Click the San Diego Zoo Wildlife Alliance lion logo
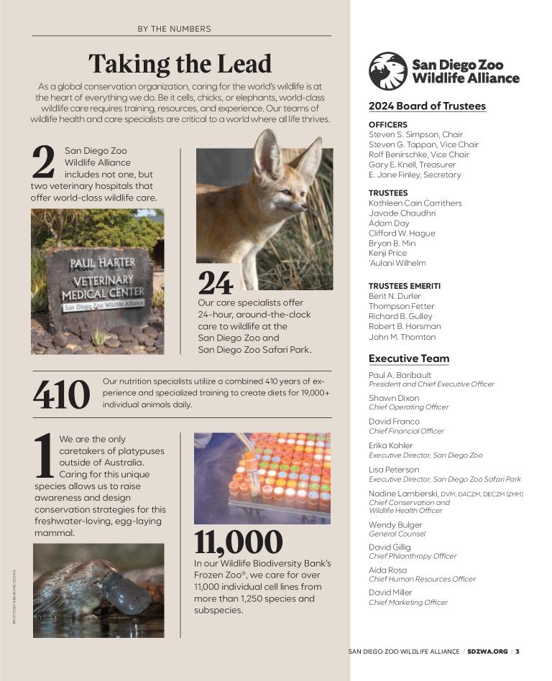pos(388,71)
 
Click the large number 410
pos(62,394)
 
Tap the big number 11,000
pos(238,542)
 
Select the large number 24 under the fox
pos(215,283)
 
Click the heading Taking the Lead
pos(180,64)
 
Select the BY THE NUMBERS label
pos(174,29)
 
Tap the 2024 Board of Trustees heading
pos(427,106)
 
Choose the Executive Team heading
pos(408,358)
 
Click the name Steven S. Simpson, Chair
pos(415,134)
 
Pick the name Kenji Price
pos(387,253)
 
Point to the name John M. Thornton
pos(402,337)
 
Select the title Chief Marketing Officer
pos(408,603)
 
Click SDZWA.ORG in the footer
pos(487,652)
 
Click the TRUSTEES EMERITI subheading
pos(404,286)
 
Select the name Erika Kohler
pos(391,445)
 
